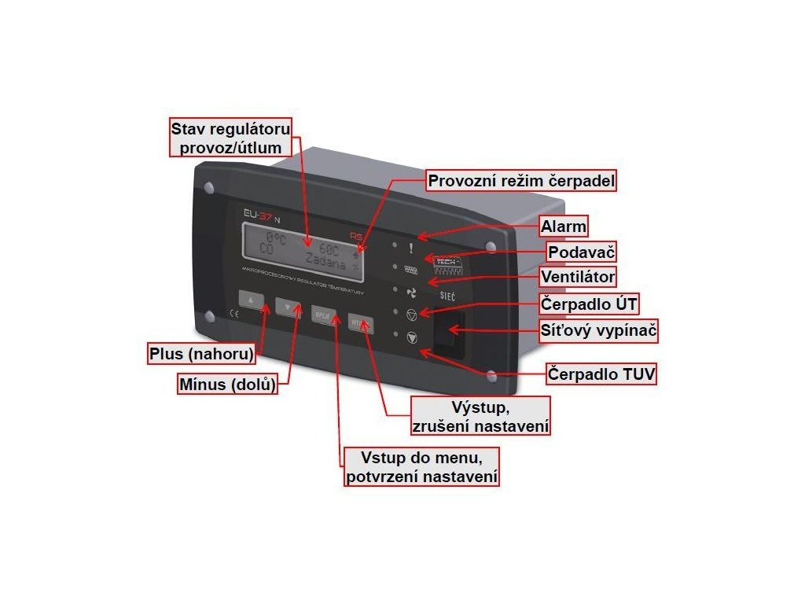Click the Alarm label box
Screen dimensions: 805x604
pyautogui.click(x=564, y=227)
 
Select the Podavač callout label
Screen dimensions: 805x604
pyautogui.click(x=581, y=252)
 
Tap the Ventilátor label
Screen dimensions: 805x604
pyautogui.click(x=578, y=277)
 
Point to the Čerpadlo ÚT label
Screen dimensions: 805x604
pyautogui.click(x=587, y=303)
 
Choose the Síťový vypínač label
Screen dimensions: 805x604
pyautogui.click(x=598, y=331)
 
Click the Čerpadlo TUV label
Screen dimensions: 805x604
pyautogui.click(x=601, y=374)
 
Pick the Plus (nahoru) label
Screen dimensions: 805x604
pyautogui.click(x=202, y=354)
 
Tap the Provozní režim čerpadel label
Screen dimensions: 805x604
pyautogui.click(x=522, y=181)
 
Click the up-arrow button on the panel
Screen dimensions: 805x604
pyautogui.click(x=251, y=300)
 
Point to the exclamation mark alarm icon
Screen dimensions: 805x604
pyautogui.click(x=410, y=247)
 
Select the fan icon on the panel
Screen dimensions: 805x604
pyautogui.click(x=410, y=292)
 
